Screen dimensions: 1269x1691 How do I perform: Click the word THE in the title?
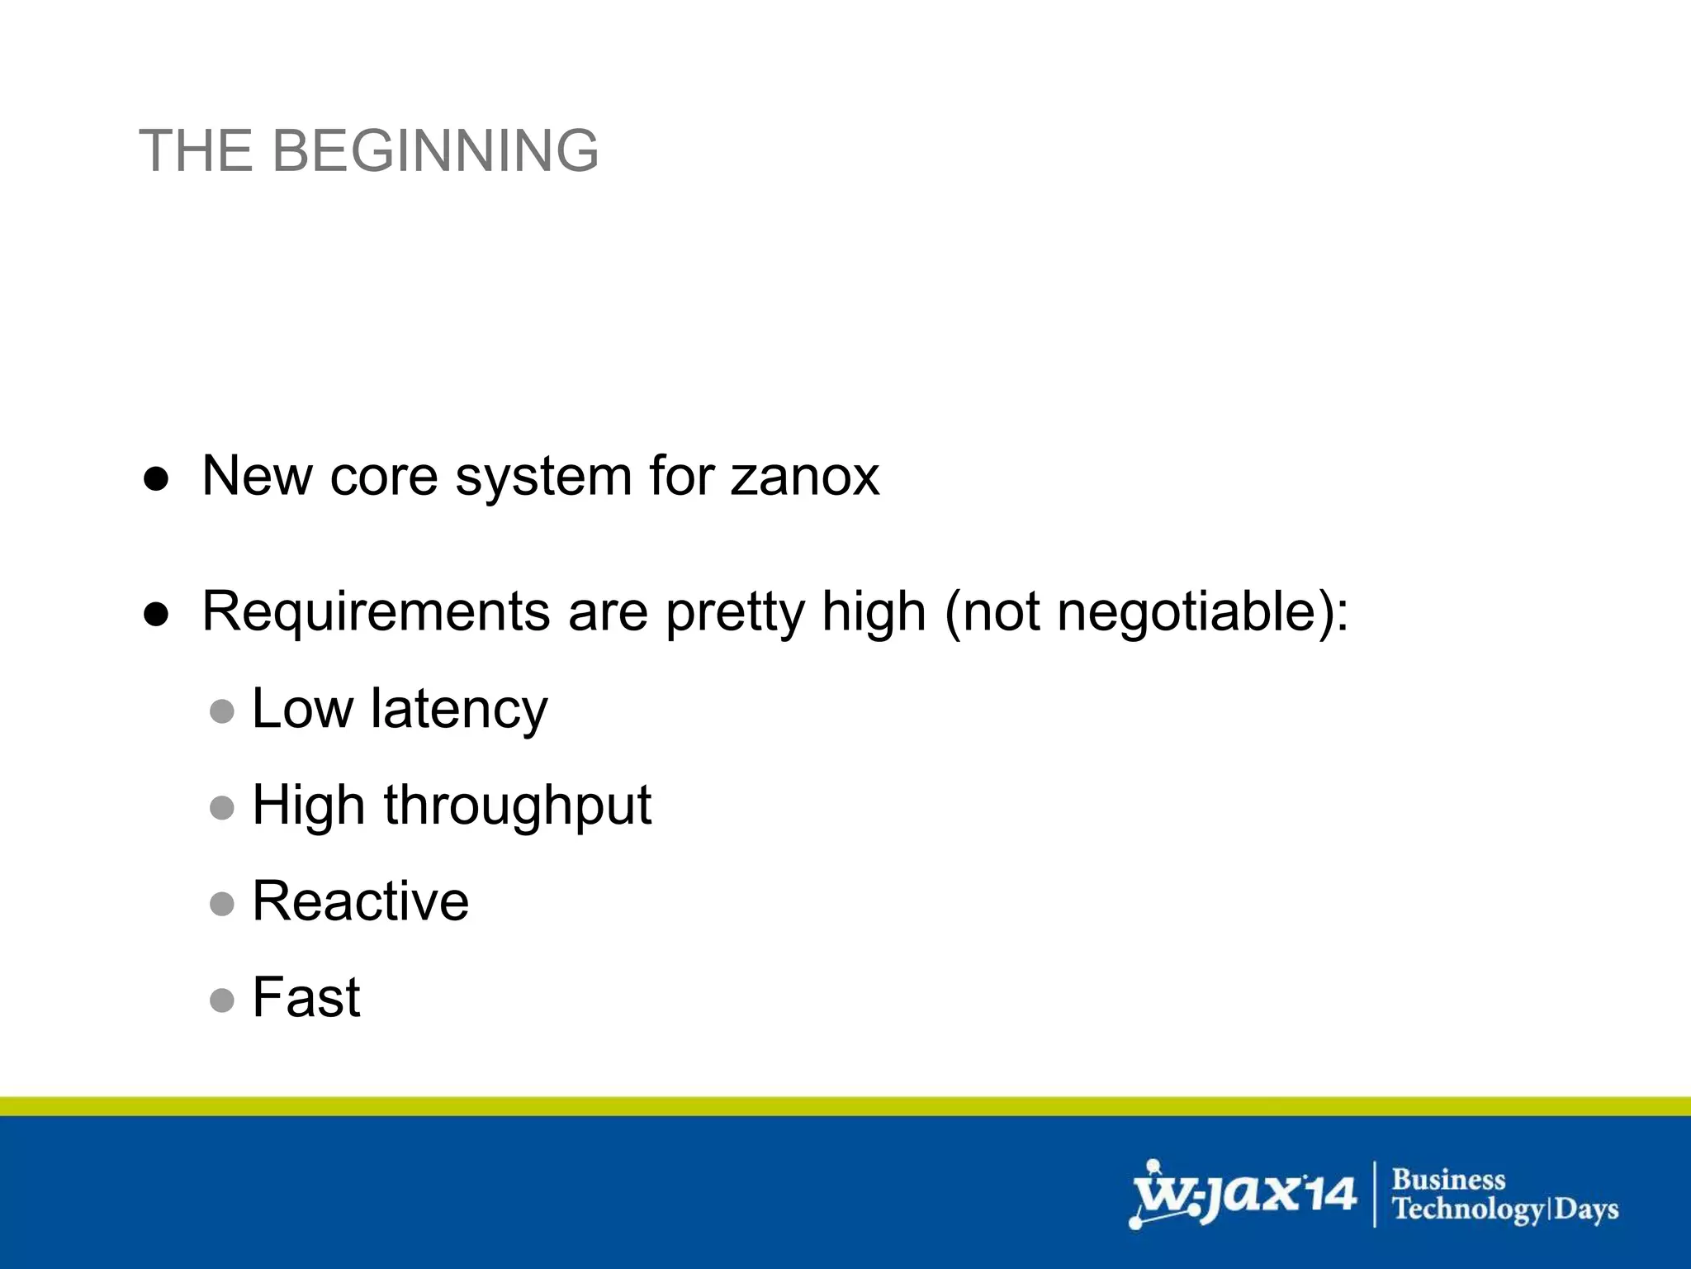(196, 151)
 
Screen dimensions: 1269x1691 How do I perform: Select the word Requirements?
(376, 613)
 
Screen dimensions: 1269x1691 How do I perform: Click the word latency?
(458, 709)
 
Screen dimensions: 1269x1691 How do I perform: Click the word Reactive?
(360, 901)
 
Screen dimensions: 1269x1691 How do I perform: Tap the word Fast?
(306, 998)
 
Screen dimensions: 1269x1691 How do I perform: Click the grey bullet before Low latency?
(222, 711)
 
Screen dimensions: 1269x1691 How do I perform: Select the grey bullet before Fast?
(222, 1000)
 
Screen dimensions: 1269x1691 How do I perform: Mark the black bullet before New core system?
(156, 478)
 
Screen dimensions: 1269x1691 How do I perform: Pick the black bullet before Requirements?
(156, 614)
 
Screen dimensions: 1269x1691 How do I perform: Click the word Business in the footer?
(1448, 1179)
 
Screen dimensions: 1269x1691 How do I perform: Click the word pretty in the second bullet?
(734, 613)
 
